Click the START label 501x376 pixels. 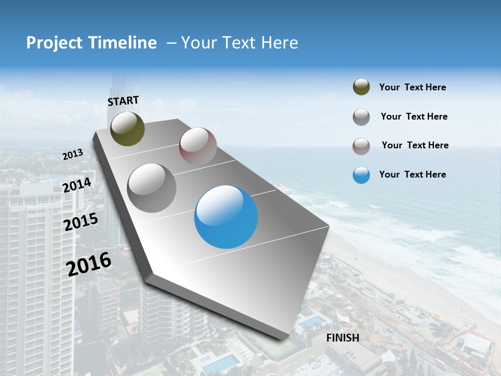click(123, 100)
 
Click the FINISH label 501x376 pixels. click(343, 338)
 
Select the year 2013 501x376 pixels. click(73, 155)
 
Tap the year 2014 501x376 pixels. click(77, 185)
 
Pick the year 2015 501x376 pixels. click(81, 222)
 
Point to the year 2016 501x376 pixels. click(89, 264)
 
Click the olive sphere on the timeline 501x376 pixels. click(127, 128)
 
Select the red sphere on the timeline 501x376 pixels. click(198, 146)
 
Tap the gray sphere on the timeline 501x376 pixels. click(152, 187)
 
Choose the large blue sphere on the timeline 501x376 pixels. click(226, 217)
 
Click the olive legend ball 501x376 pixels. click(361, 87)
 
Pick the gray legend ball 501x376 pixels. click(361, 117)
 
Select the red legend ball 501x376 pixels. click(361, 146)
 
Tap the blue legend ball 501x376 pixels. click(361, 175)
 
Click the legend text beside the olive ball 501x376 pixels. click(412, 87)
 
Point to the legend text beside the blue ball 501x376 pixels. click(412, 174)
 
